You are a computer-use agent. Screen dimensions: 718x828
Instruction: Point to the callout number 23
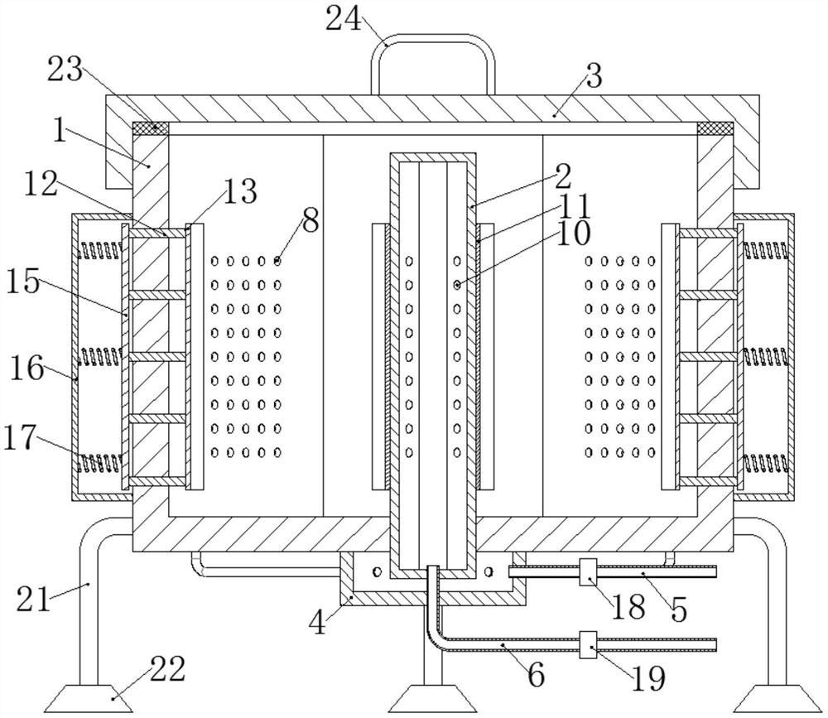coord(65,70)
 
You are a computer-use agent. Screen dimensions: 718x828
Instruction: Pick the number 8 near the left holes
coord(310,222)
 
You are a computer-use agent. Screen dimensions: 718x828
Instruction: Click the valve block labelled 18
coord(589,571)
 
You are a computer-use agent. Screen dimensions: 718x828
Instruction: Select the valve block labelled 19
coord(588,645)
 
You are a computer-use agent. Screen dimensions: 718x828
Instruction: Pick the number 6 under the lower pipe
coord(536,675)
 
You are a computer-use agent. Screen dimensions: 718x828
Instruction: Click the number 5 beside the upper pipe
coord(678,610)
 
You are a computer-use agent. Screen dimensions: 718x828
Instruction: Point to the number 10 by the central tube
coord(572,234)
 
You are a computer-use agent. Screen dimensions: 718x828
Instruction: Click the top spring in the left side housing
coord(97,246)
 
